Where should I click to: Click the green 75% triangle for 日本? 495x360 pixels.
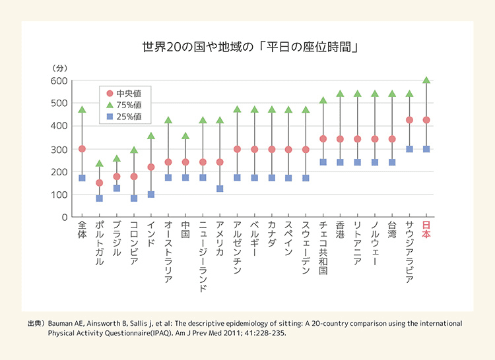(x=426, y=80)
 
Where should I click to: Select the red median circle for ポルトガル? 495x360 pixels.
(x=99, y=183)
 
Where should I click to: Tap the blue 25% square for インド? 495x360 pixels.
(x=151, y=195)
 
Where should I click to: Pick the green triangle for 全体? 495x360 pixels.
(x=82, y=109)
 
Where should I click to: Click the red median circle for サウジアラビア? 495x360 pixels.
(x=409, y=120)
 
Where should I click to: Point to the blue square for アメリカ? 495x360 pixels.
(x=220, y=189)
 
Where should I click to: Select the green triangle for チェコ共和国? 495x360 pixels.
(x=323, y=100)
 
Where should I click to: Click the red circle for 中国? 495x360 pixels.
(x=185, y=162)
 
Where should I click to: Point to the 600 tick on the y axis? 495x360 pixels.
(x=60, y=80)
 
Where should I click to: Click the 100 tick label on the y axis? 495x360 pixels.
(x=60, y=195)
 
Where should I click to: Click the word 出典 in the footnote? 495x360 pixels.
(x=35, y=324)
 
